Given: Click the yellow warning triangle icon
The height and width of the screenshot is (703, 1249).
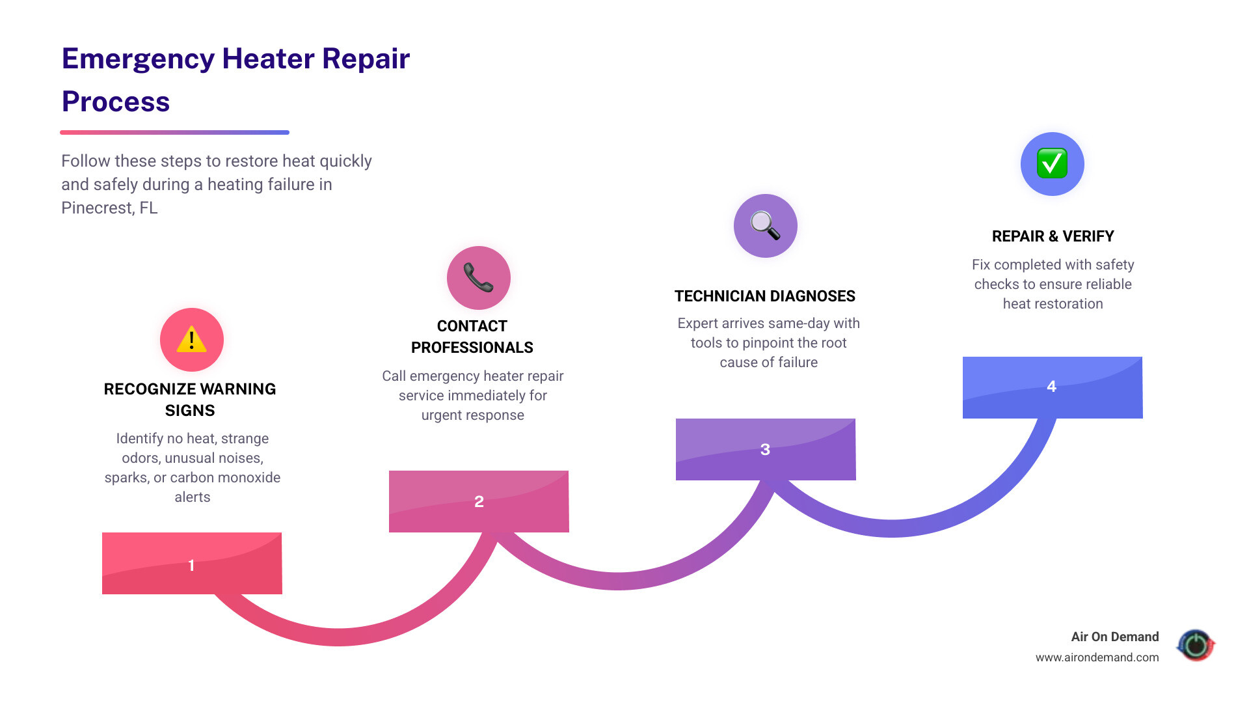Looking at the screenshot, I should point(191,340).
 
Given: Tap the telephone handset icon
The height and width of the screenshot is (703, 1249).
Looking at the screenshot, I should point(478,278).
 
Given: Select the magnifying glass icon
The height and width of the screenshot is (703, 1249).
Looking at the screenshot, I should point(765,226).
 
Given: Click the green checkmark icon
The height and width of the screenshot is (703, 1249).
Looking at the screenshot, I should point(1052,163).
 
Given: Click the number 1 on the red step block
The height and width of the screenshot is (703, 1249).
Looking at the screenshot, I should point(191,565).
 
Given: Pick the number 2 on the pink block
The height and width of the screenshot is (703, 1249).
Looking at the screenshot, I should point(479,502).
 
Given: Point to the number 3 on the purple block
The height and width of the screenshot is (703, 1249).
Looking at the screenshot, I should point(765,450).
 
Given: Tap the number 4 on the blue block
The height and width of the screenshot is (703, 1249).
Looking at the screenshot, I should point(1051,387).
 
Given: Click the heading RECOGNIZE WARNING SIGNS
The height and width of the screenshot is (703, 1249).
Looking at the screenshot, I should point(190,399).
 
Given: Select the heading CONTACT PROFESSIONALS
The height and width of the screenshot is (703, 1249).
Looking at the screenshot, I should point(472,337).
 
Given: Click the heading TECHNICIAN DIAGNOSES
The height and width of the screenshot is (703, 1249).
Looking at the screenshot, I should point(764,296).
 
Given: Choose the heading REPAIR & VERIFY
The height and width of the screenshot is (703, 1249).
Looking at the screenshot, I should point(1053,236).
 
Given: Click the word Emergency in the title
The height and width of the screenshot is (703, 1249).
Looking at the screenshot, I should point(138,59).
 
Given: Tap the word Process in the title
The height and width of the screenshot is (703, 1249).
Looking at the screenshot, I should point(116,102).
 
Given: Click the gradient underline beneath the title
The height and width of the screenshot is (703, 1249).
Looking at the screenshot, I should point(174,132).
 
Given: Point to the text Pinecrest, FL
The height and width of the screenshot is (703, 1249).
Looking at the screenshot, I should point(109,208).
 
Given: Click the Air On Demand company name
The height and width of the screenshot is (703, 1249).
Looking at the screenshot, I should point(1114,637).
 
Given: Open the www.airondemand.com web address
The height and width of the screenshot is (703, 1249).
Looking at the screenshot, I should point(1097,657).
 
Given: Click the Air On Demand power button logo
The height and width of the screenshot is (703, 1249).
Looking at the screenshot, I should point(1196,645).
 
